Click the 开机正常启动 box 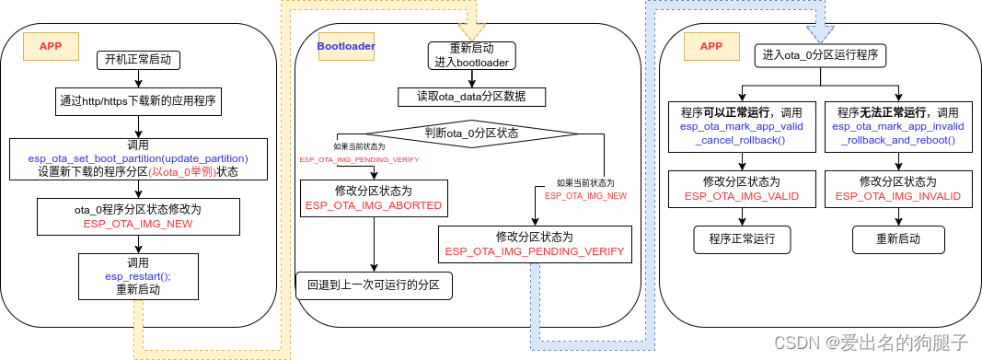pos(138,61)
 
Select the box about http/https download pos(137,100)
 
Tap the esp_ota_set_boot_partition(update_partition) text pos(138,158)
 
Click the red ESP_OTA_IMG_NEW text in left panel pos(137,223)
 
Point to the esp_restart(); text pos(138,275)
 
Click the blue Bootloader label pos(346,45)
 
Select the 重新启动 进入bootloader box pos(473,55)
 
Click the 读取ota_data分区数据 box pos(472,97)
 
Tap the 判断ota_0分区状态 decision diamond pos(471,133)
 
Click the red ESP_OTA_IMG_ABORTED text pos(374,205)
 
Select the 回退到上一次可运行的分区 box pos(374,285)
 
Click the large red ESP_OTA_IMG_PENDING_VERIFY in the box pos(534,250)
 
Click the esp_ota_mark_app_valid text pos(742,126)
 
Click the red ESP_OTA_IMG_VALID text pos(742,196)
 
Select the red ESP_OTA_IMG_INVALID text pos(898,196)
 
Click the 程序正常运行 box pos(742,239)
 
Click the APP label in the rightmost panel pos(711,45)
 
